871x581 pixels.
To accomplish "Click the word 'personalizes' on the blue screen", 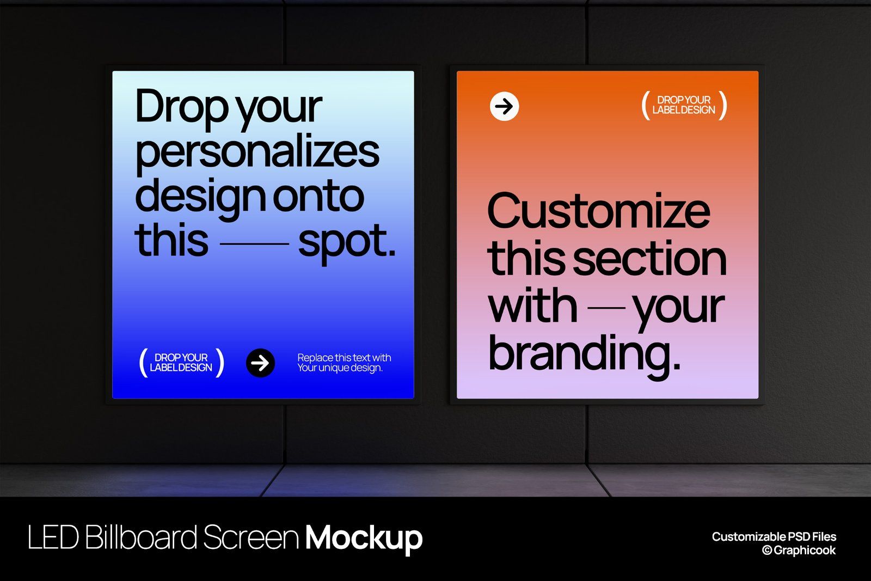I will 257,152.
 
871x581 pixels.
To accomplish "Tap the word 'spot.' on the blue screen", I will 346,241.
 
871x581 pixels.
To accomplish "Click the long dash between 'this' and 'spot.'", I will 254,243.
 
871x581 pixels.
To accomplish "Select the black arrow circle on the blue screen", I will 260,363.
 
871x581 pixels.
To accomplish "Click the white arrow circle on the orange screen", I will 504,106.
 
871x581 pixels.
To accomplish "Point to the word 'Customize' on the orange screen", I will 598,211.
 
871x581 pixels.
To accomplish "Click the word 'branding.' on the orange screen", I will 584,353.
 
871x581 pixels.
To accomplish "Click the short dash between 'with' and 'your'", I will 606,308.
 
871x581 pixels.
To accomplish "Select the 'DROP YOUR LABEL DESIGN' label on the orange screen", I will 684,105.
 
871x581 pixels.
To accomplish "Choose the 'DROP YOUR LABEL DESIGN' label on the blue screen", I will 181,363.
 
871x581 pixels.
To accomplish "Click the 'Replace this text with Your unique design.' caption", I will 344,363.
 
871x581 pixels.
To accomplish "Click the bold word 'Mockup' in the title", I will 364,538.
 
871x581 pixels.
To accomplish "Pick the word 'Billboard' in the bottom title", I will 141,538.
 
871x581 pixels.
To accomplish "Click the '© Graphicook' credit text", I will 799,551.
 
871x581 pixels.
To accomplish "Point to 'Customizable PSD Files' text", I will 774,537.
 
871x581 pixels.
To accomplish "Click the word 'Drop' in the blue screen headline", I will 181,107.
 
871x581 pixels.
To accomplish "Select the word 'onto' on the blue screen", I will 318,197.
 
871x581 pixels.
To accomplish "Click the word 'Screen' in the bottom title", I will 251,538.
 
